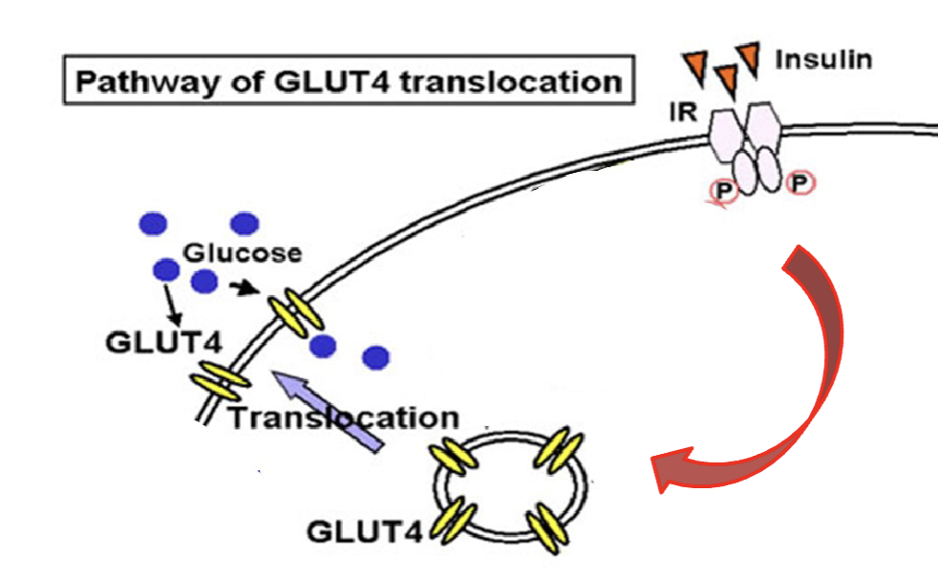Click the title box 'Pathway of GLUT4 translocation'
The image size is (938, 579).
[x=348, y=80]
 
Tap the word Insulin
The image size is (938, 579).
[x=822, y=60]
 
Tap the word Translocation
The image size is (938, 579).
[x=343, y=418]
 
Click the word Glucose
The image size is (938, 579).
[x=243, y=253]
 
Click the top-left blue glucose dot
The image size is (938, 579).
[x=153, y=225]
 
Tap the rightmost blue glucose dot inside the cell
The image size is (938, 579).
[x=376, y=358]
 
